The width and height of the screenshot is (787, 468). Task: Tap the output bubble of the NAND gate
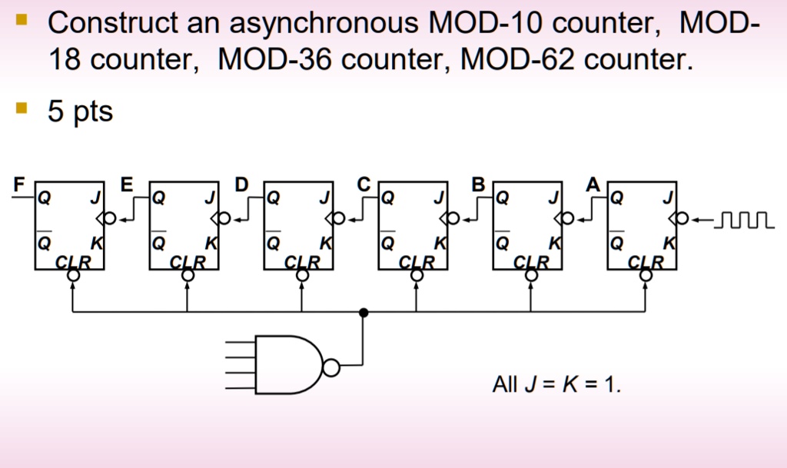click(331, 367)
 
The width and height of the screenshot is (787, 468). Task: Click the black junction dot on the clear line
click(364, 313)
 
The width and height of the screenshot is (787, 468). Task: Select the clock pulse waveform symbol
click(744, 220)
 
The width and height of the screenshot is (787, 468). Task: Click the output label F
click(19, 184)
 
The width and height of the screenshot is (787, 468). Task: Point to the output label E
click(127, 184)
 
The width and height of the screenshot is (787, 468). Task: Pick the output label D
click(241, 184)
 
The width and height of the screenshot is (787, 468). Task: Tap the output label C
click(364, 184)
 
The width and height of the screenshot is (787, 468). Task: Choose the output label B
click(478, 184)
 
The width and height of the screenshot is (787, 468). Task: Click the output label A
click(593, 184)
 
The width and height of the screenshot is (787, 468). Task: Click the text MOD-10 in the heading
click(486, 22)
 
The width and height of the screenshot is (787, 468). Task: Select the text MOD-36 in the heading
click(275, 59)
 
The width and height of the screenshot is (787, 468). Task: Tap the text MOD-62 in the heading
click(517, 59)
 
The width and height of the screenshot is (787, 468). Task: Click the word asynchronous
click(324, 24)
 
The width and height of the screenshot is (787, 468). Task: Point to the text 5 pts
click(80, 111)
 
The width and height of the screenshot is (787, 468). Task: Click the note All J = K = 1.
click(556, 384)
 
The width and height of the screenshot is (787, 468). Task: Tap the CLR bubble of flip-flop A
click(646, 275)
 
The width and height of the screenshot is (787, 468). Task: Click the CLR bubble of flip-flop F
click(73, 275)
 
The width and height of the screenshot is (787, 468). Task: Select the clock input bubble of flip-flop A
click(682, 219)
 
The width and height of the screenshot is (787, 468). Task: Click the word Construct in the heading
click(113, 22)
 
